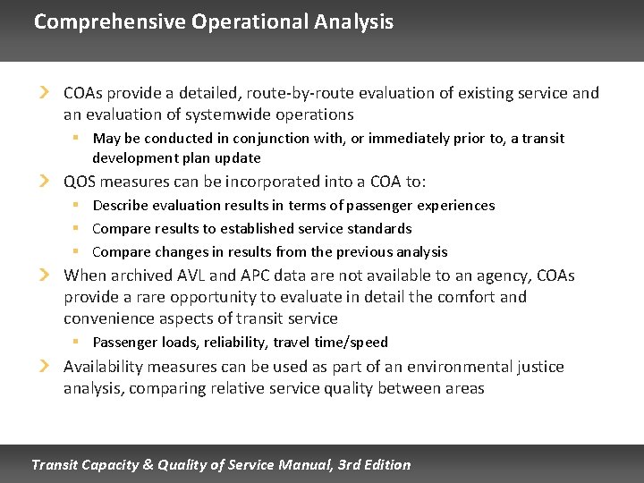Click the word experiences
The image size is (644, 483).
455,206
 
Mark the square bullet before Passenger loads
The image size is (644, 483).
78,342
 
